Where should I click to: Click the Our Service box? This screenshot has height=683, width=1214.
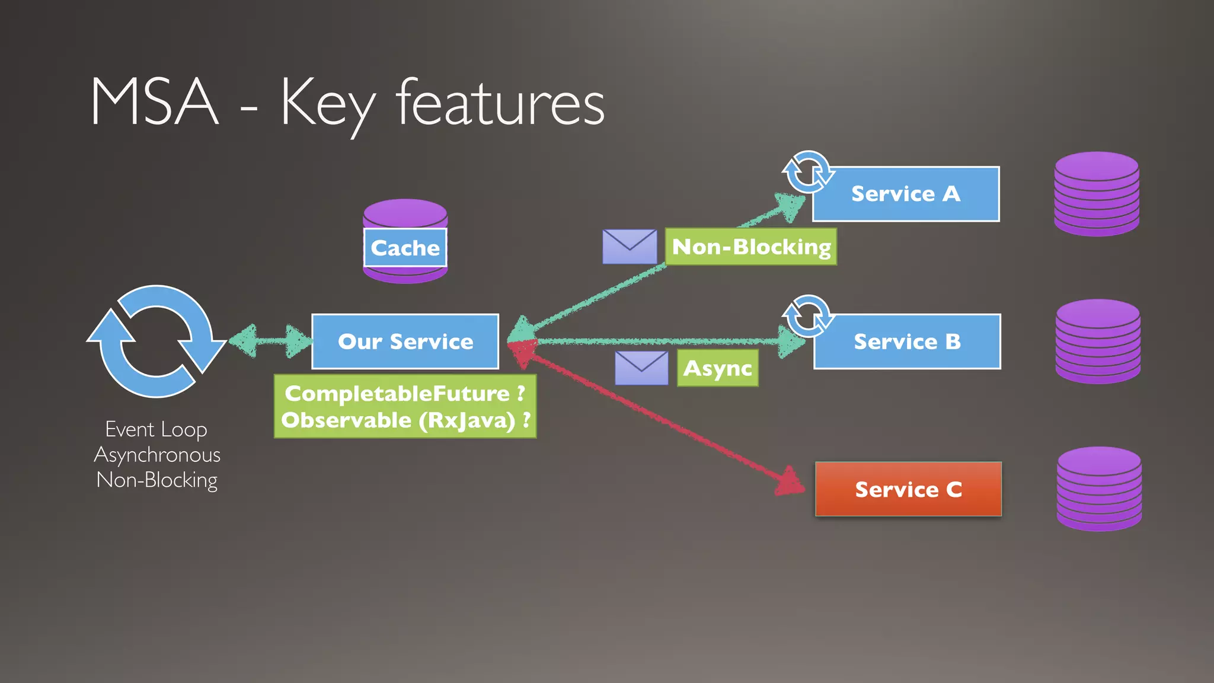[x=405, y=341]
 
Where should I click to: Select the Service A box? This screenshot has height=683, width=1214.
[x=905, y=194]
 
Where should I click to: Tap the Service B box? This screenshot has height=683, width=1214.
[x=907, y=341]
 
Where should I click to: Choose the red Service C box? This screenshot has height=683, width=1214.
[x=908, y=489]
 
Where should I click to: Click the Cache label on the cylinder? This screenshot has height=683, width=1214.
[x=405, y=248]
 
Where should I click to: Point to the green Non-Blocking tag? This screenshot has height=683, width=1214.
[x=751, y=247]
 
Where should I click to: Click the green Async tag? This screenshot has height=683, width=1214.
[x=717, y=368]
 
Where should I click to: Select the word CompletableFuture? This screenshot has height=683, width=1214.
[x=397, y=393]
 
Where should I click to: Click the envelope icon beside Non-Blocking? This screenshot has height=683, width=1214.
[x=630, y=246]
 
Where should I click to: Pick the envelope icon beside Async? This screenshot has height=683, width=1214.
[x=641, y=368]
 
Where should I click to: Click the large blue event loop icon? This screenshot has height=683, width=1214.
[x=156, y=341]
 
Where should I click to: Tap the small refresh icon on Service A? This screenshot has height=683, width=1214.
[x=807, y=172]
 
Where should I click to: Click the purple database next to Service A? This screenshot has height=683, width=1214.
[x=1097, y=194]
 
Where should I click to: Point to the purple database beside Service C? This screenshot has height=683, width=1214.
[x=1099, y=489]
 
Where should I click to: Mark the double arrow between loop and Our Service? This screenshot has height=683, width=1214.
[x=270, y=341]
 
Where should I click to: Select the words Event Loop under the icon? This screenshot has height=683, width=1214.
[x=156, y=429]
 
